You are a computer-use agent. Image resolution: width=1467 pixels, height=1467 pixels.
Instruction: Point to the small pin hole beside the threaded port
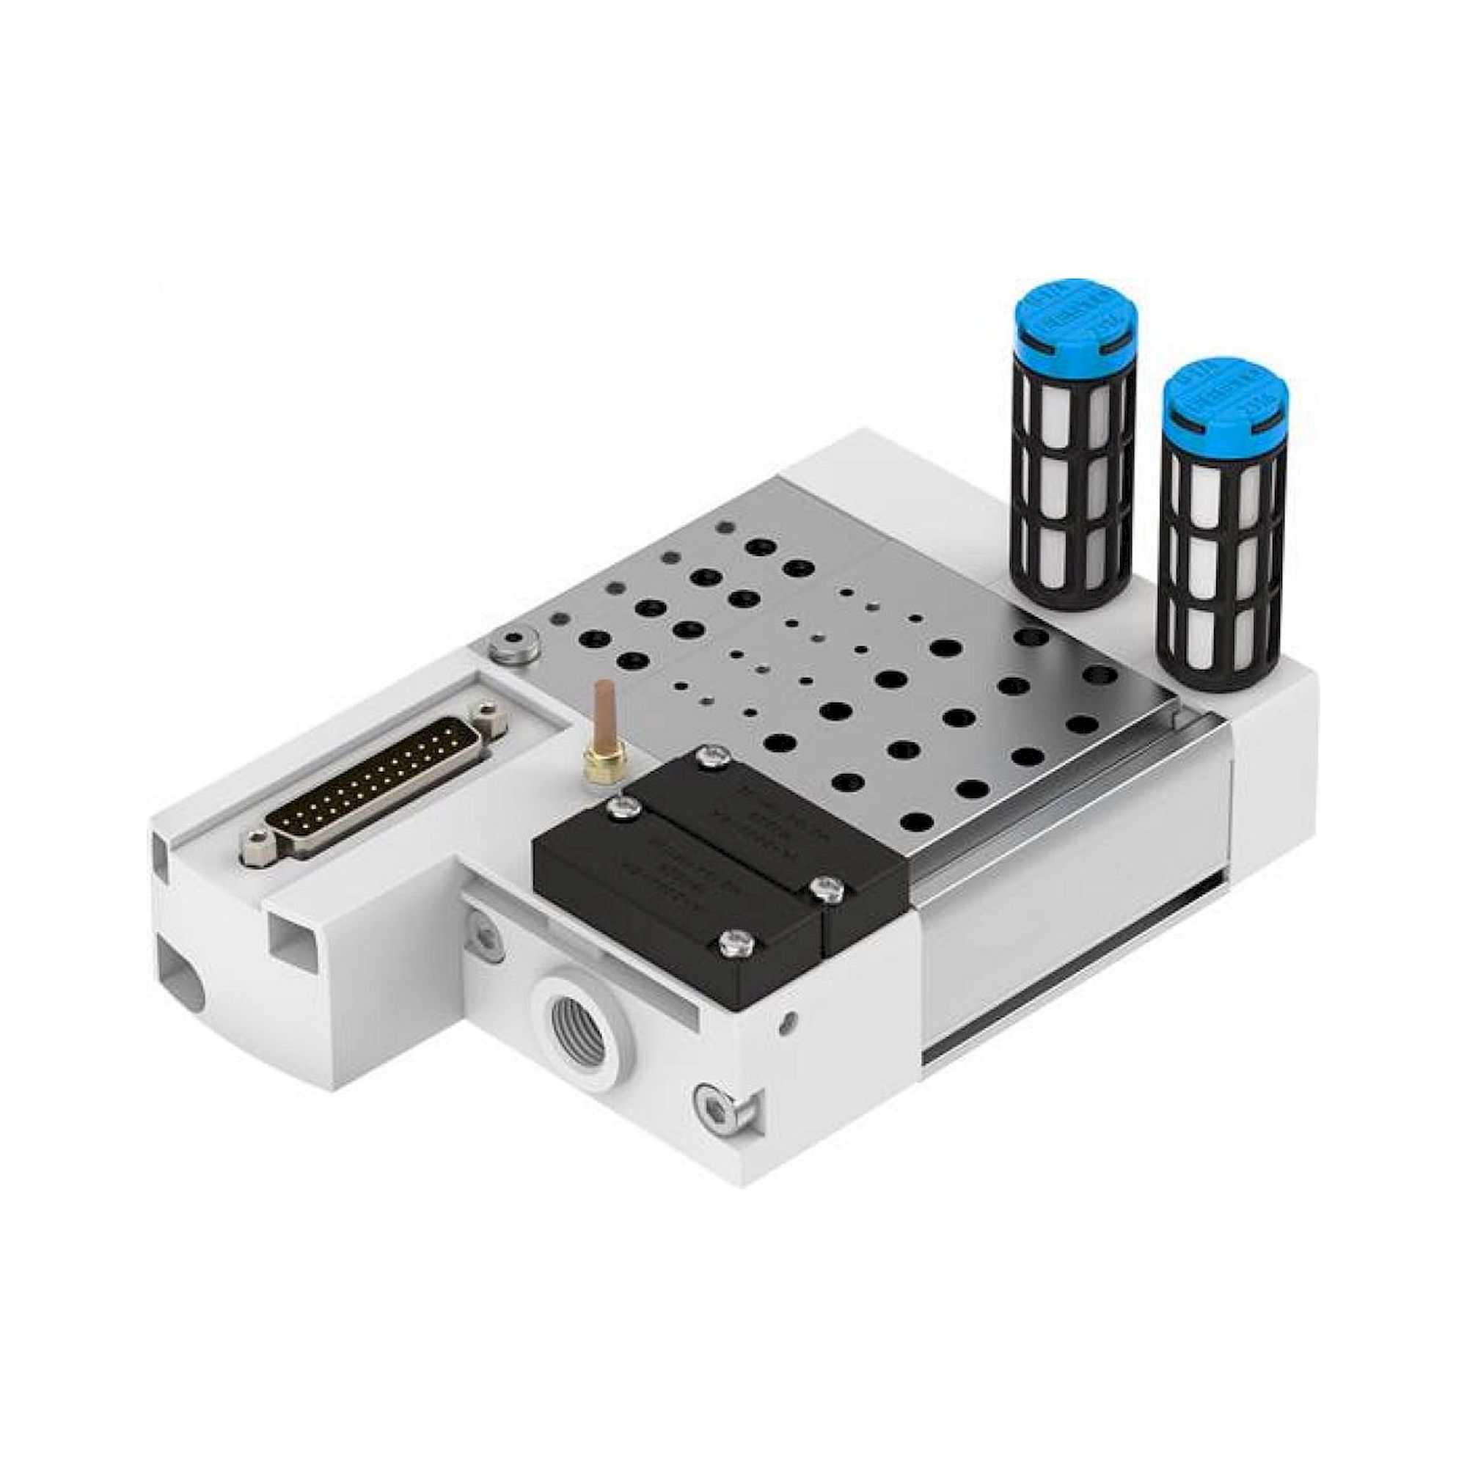coord(791,1018)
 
